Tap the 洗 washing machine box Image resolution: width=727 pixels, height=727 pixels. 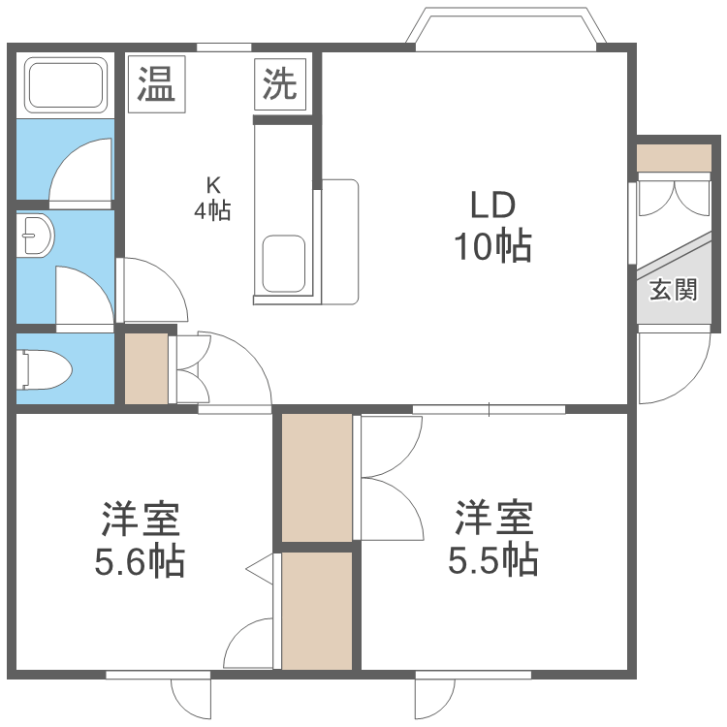click(x=281, y=84)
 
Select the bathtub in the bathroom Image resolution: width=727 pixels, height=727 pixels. click(x=67, y=85)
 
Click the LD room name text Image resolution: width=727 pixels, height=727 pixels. click(x=492, y=205)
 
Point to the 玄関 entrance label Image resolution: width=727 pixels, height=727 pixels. click(x=674, y=289)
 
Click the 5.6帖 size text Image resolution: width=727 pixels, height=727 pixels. click(x=140, y=562)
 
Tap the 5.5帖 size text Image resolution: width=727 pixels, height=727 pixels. click(x=493, y=560)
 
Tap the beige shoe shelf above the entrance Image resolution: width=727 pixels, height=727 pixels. click(x=673, y=158)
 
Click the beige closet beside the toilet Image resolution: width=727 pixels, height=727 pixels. click(x=146, y=368)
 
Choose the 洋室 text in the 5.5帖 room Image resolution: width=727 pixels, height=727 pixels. click(x=494, y=519)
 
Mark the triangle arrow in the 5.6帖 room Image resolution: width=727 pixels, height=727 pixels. click(x=260, y=571)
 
